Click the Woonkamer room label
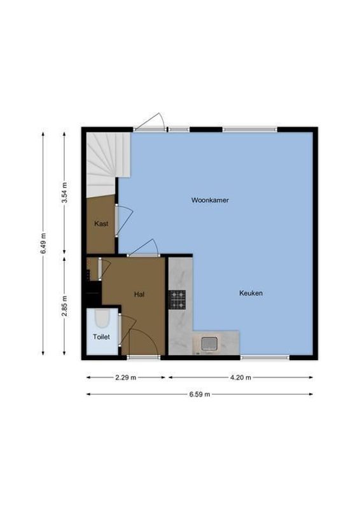(210, 200)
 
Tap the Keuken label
(251, 293)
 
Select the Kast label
(101, 223)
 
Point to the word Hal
(139, 294)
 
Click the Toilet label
(102, 337)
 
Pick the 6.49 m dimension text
(43, 243)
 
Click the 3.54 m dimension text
(64, 193)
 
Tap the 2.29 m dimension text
(127, 377)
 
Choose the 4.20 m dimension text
(240, 377)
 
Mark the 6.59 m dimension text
(200, 394)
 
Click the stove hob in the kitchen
(177, 299)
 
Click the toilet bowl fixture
(100, 319)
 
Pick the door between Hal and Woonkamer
(144, 248)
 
